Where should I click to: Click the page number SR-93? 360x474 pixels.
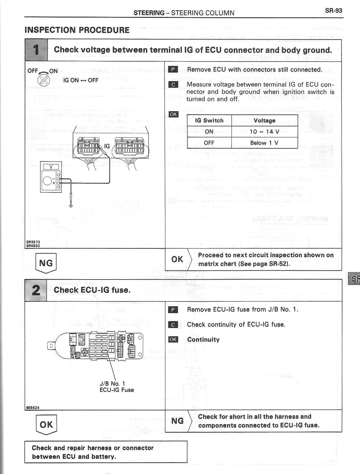[x=334, y=11]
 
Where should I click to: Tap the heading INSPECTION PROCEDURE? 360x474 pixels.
[x=77, y=30]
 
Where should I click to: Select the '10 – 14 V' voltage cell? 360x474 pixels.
[x=264, y=132]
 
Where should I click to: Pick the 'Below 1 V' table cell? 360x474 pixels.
[x=264, y=143]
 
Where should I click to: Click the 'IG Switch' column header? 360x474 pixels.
[x=209, y=120]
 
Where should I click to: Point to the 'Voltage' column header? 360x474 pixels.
[x=264, y=120]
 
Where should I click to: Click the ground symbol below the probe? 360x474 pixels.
[x=71, y=205]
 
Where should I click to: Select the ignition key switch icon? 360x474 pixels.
[x=43, y=80]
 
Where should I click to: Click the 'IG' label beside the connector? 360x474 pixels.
[x=107, y=146]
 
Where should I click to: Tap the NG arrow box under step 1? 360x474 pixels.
[x=46, y=263]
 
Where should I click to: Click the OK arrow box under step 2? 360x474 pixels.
[x=46, y=425]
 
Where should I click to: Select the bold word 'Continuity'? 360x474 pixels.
[x=203, y=340]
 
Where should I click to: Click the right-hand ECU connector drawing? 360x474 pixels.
[x=129, y=147]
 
